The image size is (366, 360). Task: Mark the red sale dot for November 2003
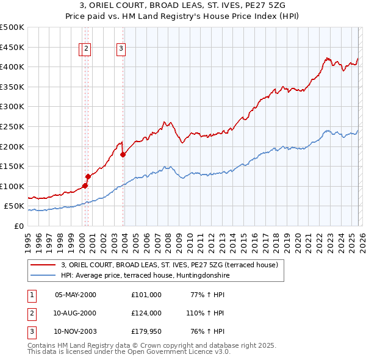pyautogui.click(x=123, y=154)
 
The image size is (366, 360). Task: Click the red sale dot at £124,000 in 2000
pyautogui.click(x=88, y=176)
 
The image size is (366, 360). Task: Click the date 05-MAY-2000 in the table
pyautogui.click(x=76, y=295)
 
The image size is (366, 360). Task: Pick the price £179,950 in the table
pyautogui.click(x=146, y=331)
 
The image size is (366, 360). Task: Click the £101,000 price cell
pyautogui.click(x=146, y=295)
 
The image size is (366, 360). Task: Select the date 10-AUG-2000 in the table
pyautogui.click(x=76, y=313)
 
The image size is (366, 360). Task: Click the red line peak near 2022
pyautogui.click(x=327, y=59)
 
